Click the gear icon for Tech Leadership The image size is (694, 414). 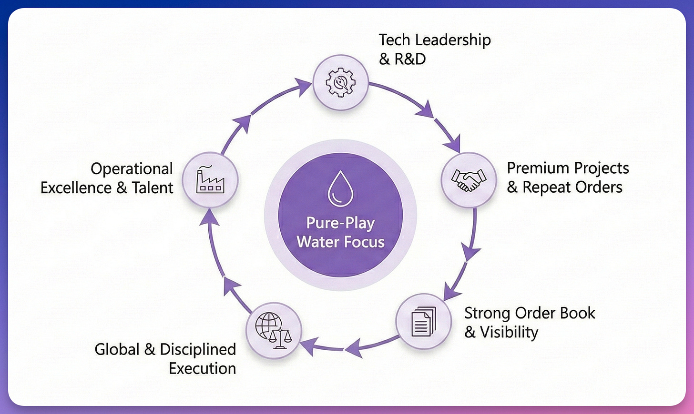point(340,83)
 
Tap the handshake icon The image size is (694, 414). point(469,180)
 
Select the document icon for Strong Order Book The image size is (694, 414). point(423,322)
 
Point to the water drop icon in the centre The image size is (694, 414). point(340,188)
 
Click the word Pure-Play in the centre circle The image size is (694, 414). point(340,223)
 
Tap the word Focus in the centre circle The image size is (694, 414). point(362,242)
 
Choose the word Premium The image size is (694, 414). point(538,168)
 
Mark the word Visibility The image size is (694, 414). point(509,332)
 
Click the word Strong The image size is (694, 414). point(487,313)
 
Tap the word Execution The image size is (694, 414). point(202,368)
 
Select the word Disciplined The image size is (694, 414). point(198,349)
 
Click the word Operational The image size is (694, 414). point(132,169)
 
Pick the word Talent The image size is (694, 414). point(153,188)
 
